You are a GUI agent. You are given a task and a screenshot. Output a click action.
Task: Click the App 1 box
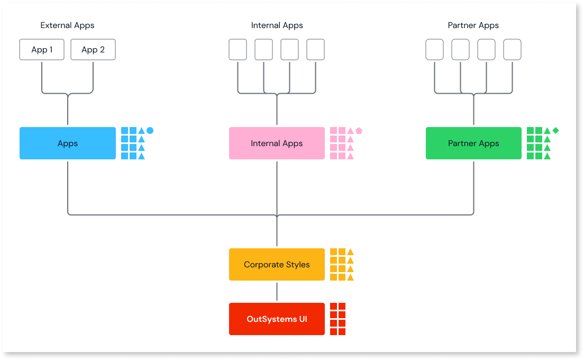tap(42, 50)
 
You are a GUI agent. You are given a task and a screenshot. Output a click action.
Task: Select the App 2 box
tap(93, 50)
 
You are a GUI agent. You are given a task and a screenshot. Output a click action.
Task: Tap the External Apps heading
tap(67, 25)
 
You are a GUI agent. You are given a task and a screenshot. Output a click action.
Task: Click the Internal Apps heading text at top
tap(277, 25)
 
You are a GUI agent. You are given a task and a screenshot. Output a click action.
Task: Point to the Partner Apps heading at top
tap(473, 25)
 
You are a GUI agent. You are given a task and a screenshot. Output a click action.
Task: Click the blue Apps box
tap(67, 143)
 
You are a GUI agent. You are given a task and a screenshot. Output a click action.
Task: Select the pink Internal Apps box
tap(277, 143)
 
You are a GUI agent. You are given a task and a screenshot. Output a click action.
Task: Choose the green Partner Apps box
tap(473, 143)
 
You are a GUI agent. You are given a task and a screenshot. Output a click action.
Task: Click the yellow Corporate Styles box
tap(277, 264)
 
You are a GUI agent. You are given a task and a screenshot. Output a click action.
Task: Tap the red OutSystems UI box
tap(277, 319)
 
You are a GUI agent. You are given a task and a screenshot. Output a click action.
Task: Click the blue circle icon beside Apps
tap(150, 130)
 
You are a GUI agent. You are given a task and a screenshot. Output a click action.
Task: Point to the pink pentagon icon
tap(359, 130)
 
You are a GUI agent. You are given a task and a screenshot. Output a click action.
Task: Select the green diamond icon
tap(555, 130)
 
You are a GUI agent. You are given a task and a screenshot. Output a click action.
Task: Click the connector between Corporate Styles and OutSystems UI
tap(277, 291)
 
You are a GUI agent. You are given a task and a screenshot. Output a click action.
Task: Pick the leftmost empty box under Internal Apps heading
tap(238, 50)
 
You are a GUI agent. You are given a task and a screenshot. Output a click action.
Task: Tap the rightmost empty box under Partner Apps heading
tap(512, 50)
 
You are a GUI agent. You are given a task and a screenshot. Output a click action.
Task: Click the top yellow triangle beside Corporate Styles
tap(350, 252)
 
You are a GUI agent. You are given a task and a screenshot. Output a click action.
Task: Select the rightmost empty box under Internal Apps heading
tap(315, 50)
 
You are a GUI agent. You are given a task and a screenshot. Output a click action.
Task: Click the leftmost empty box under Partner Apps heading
tap(434, 50)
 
